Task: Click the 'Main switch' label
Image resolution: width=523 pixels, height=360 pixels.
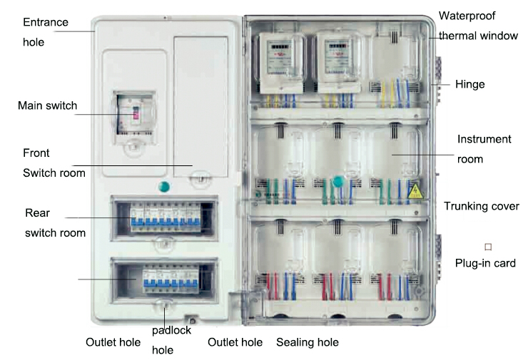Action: (x=48, y=106)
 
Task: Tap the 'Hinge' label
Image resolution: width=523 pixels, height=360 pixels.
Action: (x=469, y=84)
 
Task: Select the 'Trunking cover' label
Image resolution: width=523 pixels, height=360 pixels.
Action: (x=481, y=206)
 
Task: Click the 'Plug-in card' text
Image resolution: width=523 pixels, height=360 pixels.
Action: (x=485, y=263)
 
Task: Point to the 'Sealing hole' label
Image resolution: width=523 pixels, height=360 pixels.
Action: (x=308, y=342)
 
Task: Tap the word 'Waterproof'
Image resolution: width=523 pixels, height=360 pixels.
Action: (x=467, y=15)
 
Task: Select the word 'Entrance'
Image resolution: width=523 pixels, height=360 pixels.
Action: (x=46, y=22)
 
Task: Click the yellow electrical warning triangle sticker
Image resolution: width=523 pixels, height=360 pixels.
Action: (x=413, y=190)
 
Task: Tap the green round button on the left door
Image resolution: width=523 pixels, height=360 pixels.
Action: (x=163, y=187)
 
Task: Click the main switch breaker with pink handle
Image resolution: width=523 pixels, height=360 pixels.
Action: (x=133, y=114)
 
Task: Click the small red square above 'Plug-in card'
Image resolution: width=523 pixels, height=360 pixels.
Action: (x=488, y=247)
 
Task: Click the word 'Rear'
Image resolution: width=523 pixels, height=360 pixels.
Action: (x=36, y=212)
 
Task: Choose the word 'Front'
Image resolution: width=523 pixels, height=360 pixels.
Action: (x=36, y=153)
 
